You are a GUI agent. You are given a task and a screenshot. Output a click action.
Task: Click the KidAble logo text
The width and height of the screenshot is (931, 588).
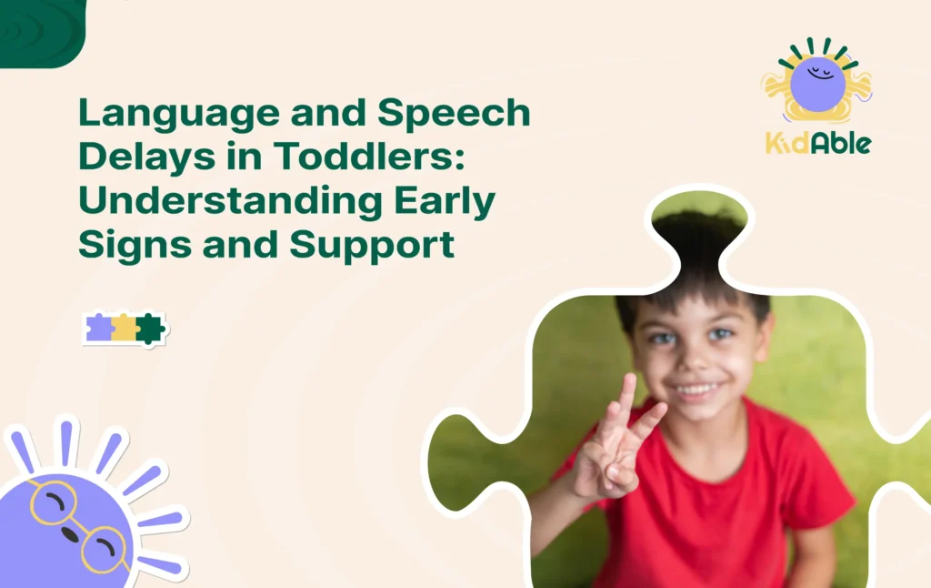coord(817,143)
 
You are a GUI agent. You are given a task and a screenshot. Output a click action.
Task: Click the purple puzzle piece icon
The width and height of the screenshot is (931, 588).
coord(99,328)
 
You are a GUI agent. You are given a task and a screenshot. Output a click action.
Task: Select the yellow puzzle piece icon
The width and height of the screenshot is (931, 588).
coord(125,328)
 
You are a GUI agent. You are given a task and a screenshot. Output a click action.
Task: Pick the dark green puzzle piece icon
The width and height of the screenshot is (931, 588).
coord(149,328)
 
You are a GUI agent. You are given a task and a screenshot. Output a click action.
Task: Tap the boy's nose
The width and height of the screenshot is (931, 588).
coord(695,361)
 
